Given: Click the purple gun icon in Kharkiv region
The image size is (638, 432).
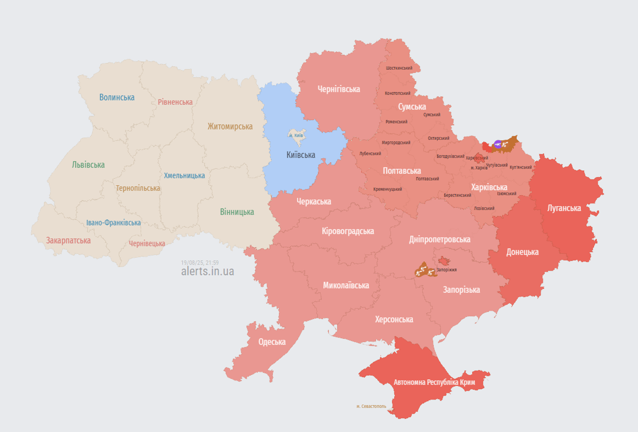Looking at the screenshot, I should (x=498, y=144).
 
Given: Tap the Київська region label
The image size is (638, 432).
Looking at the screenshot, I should (x=301, y=155).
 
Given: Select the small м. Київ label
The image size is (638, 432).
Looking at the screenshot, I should (x=296, y=135).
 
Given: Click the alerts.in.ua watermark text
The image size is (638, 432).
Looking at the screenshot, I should (x=207, y=271).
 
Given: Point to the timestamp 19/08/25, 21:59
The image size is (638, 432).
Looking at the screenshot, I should (x=200, y=263).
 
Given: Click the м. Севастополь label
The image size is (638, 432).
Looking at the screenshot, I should (x=371, y=406).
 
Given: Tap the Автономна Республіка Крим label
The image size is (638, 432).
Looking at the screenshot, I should (x=434, y=382).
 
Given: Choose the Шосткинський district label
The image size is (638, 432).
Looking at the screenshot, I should (x=399, y=68).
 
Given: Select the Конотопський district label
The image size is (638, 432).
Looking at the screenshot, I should (x=397, y=93).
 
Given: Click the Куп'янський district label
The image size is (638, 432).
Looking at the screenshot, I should (x=520, y=167).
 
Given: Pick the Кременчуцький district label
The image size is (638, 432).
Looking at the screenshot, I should (x=387, y=189).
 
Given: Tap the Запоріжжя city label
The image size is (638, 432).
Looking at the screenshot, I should (x=446, y=269).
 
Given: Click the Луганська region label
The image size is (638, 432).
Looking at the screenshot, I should (x=564, y=208).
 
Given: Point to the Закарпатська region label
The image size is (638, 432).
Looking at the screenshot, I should (x=68, y=240).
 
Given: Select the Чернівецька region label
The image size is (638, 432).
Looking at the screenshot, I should (x=147, y=244).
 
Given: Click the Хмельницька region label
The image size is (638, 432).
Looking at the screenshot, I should (x=184, y=176).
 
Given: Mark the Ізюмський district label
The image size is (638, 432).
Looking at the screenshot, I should (x=506, y=193).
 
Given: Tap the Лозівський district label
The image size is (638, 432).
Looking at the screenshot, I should (x=484, y=208).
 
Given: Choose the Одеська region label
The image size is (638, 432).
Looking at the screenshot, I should (x=272, y=342).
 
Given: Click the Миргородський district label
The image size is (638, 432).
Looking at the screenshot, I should (x=396, y=142).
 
